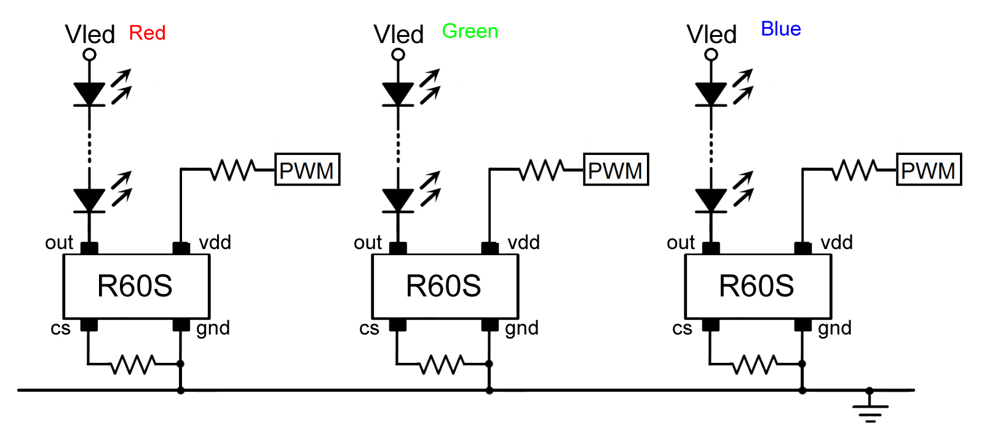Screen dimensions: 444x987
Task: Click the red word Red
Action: point(147,33)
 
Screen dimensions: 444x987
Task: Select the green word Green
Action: point(470,31)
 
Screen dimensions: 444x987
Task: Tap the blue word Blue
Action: point(780,29)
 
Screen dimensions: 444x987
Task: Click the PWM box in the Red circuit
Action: point(307,170)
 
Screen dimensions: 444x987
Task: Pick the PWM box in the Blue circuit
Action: point(929,170)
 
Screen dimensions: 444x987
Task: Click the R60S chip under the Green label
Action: point(445,286)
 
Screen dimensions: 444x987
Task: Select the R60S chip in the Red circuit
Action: point(136,286)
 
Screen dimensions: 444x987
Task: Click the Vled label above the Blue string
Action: point(712,34)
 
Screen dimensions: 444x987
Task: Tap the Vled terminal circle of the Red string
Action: point(90,55)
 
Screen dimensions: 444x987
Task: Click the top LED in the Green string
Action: point(398,94)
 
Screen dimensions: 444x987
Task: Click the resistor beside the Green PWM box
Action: point(541,170)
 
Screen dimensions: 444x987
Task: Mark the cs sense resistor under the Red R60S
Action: point(132,364)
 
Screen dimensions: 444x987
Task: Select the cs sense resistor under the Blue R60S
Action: point(755,364)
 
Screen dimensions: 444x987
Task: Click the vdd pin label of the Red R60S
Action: point(215,242)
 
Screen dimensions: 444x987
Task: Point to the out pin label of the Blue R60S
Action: point(680,243)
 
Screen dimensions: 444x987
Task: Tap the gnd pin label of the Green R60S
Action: point(521,328)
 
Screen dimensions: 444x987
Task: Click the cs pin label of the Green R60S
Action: point(369,328)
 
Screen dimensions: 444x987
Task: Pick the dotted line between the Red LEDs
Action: point(90,148)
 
